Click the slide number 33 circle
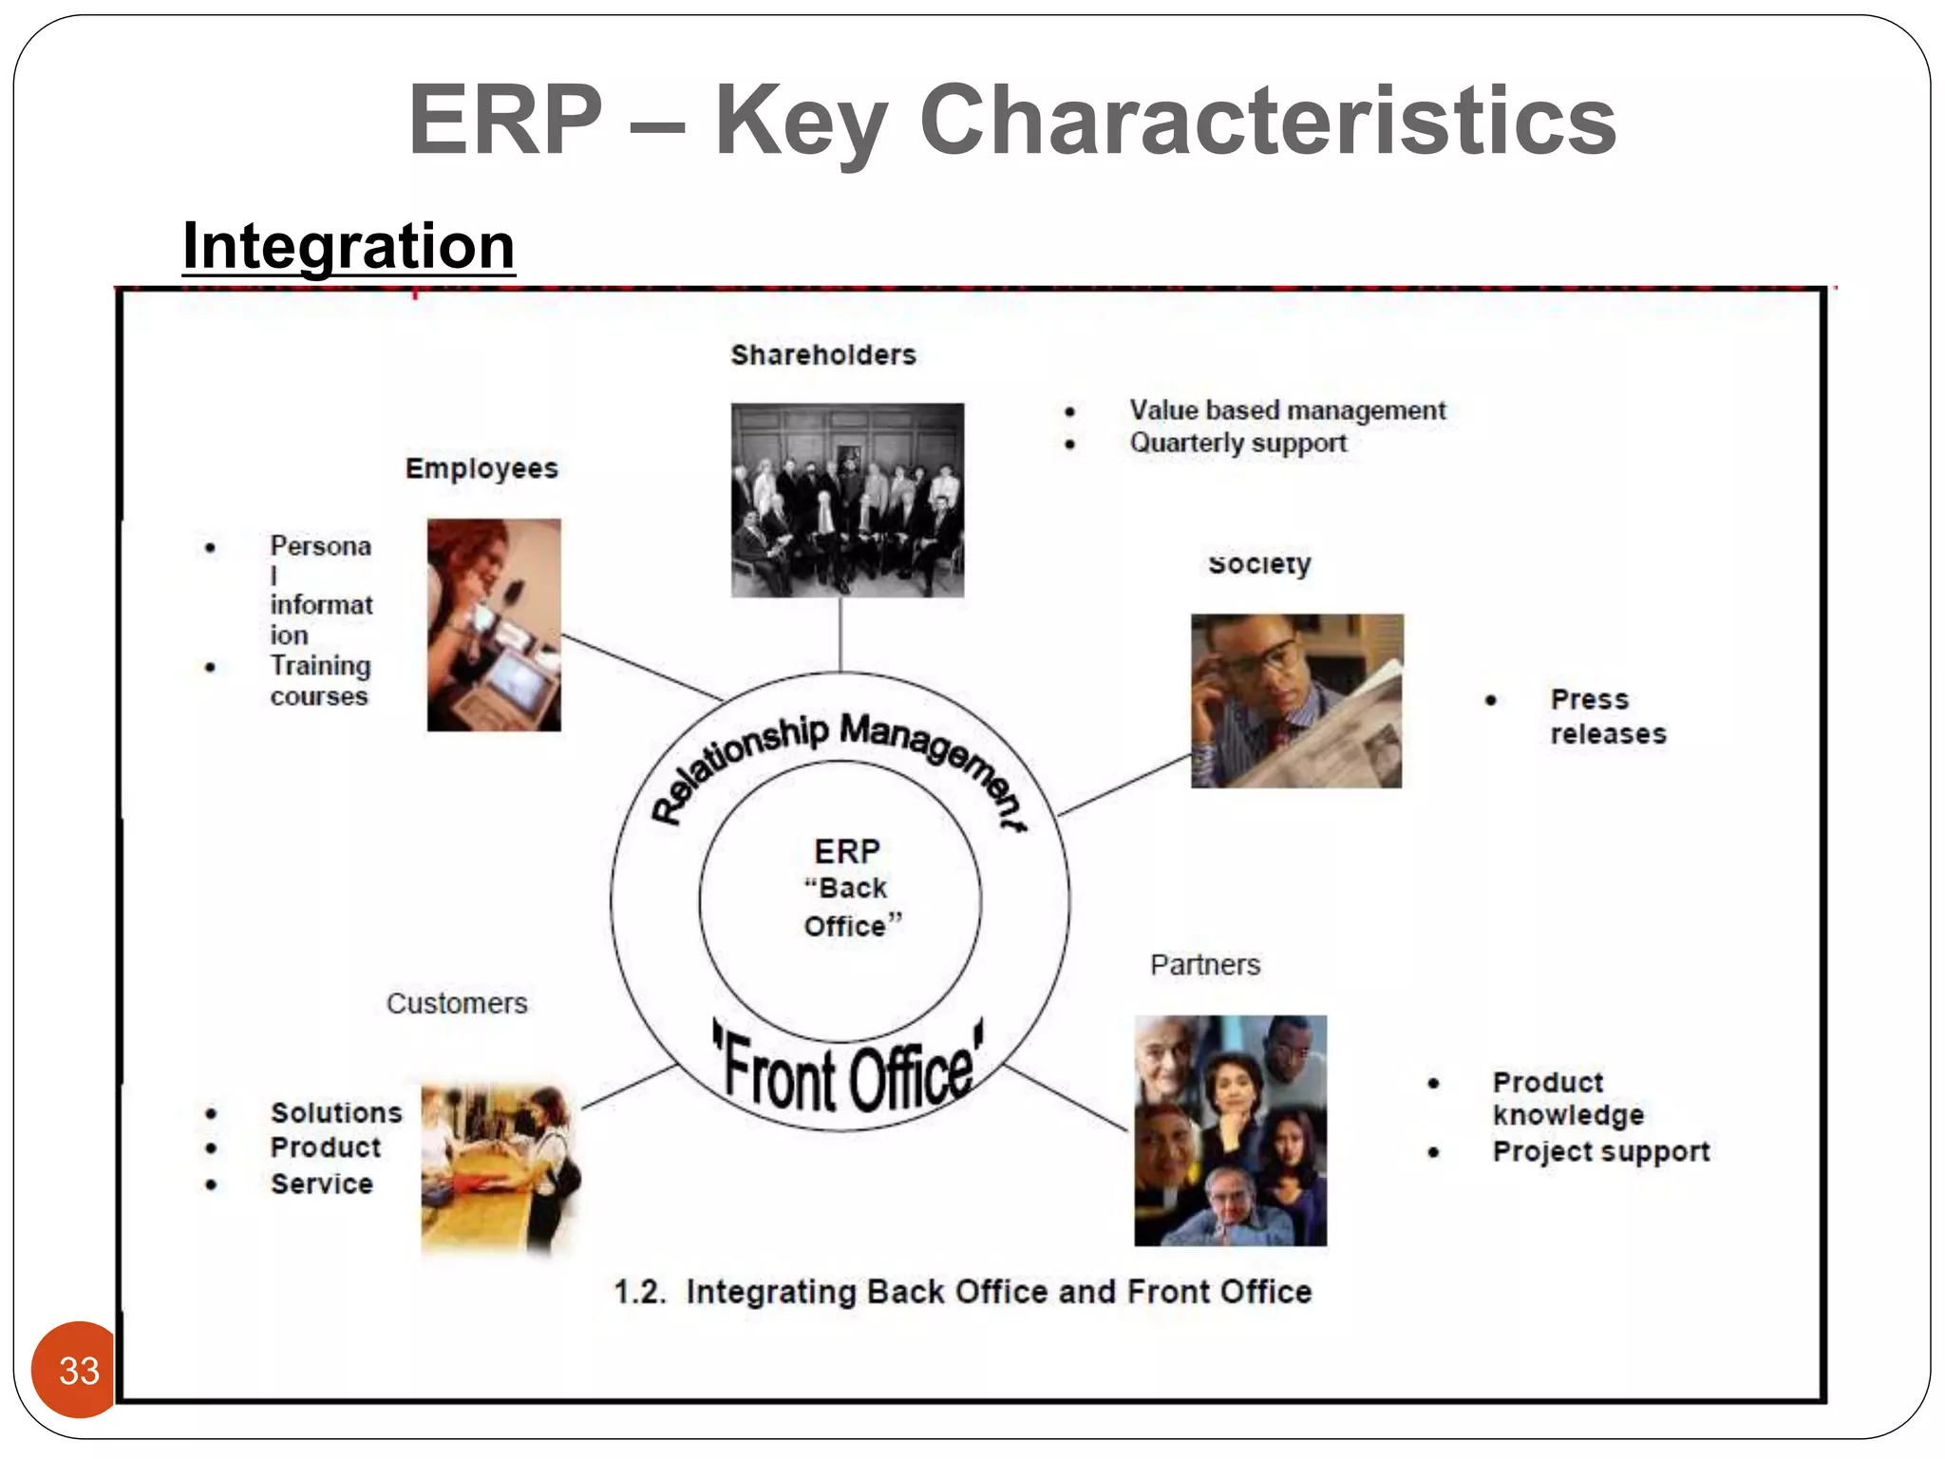click(x=78, y=1369)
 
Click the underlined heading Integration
click(x=349, y=246)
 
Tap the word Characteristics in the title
click(x=1267, y=121)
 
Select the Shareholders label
click(x=822, y=355)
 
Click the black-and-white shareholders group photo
click(x=847, y=501)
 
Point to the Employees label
click(x=482, y=468)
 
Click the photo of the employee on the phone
click(x=494, y=624)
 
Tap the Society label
click(x=1259, y=564)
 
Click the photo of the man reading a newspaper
click(x=1296, y=701)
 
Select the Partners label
click(x=1205, y=965)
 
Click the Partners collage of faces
click(x=1230, y=1130)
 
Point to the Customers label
click(x=457, y=1003)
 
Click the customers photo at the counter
click(x=500, y=1168)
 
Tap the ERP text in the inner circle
click(x=847, y=851)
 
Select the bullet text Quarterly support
click(x=1237, y=443)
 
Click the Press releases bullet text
click(x=1607, y=716)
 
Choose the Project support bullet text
click(x=1600, y=1151)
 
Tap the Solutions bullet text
click(x=336, y=1112)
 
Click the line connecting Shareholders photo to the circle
click(x=840, y=634)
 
